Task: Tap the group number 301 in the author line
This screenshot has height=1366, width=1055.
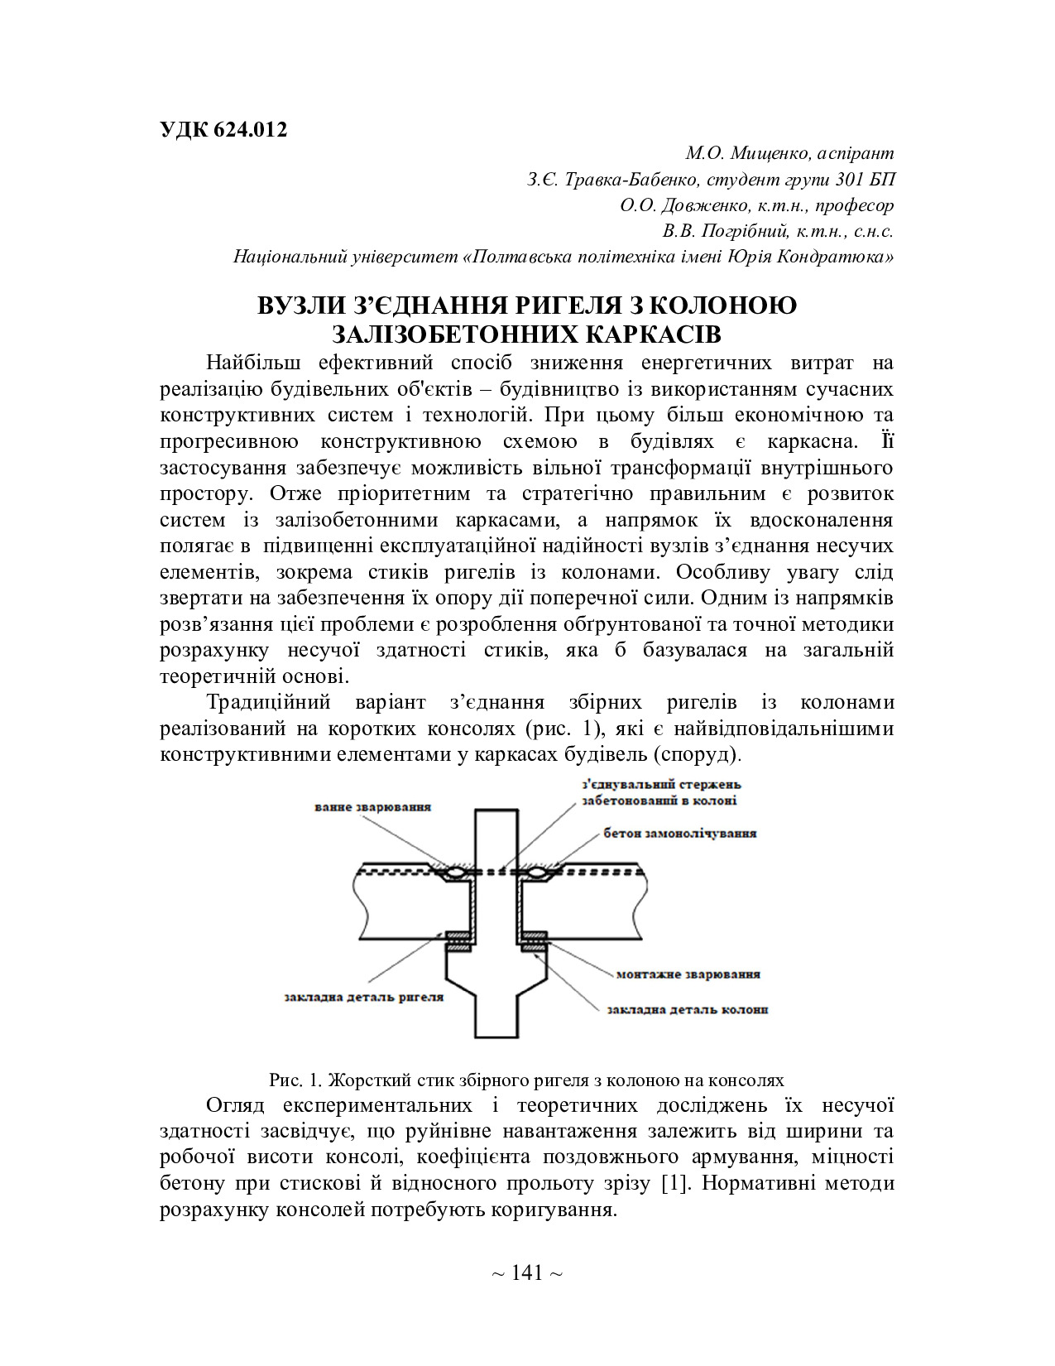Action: click(852, 180)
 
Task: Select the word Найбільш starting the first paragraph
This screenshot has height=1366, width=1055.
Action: click(248, 363)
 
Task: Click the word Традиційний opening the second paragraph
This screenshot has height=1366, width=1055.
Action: click(268, 702)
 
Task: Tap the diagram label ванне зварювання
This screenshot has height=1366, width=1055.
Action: click(372, 806)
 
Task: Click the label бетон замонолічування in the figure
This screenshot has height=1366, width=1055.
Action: click(680, 833)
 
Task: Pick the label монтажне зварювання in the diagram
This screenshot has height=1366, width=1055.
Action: click(688, 974)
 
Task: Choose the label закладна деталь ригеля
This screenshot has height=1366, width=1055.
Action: click(363, 997)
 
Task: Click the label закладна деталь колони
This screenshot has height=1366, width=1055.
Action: click(687, 1010)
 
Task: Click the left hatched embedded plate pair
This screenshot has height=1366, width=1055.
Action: click(458, 941)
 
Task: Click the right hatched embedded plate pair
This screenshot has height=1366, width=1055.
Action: click(534, 941)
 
